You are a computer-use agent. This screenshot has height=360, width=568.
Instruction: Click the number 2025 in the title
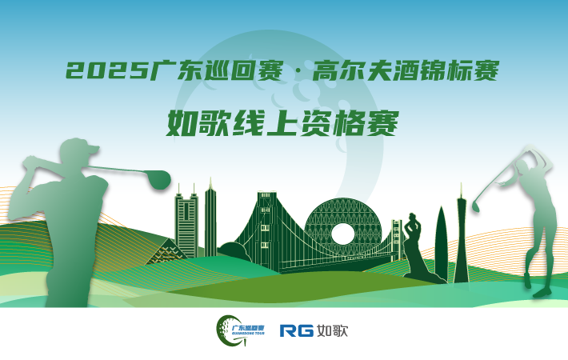107,72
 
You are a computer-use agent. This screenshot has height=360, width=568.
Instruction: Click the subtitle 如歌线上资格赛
283,124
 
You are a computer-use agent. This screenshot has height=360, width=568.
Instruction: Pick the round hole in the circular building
342,234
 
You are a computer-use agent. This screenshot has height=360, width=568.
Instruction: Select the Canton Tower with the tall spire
462,232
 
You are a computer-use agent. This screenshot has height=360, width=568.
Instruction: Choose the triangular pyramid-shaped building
166,253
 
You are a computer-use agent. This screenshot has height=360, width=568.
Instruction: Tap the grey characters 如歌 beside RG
332,330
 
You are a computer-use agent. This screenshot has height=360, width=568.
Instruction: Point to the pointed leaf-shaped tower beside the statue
441,240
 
